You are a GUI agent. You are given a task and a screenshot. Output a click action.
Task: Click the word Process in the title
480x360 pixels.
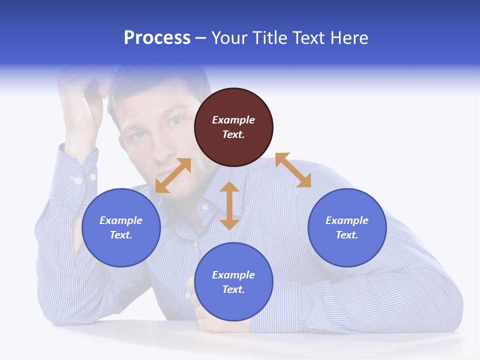pyautogui.click(x=157, y=38)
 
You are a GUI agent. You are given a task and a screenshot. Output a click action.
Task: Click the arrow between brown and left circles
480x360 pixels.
pyautogui.click(x=173, y=175)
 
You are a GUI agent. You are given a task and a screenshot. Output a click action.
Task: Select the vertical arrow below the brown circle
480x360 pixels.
pyautogui.click(x=229, y=205)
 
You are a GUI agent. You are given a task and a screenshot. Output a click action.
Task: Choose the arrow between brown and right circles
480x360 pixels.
pyautogui.click(x=293, y=170)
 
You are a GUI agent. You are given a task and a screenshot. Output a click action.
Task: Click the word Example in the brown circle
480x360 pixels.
pyautogui.click(x=233, y=120)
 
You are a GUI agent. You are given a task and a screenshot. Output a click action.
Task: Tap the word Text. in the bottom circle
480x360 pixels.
pyautogui.click(x=233, y=289)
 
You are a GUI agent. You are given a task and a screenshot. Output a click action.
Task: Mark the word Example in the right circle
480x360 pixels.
pyautogui.click(x=347, y=220)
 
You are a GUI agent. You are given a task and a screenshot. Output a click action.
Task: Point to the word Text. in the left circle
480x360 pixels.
pyautogui.click(x=121, y=235)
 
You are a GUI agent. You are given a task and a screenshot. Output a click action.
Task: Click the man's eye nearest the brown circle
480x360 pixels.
pyautogui.click(x=175, y=121)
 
